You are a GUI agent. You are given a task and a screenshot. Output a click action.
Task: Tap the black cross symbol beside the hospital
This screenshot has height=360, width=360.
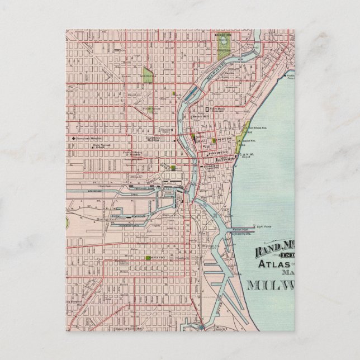click(74, 138)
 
